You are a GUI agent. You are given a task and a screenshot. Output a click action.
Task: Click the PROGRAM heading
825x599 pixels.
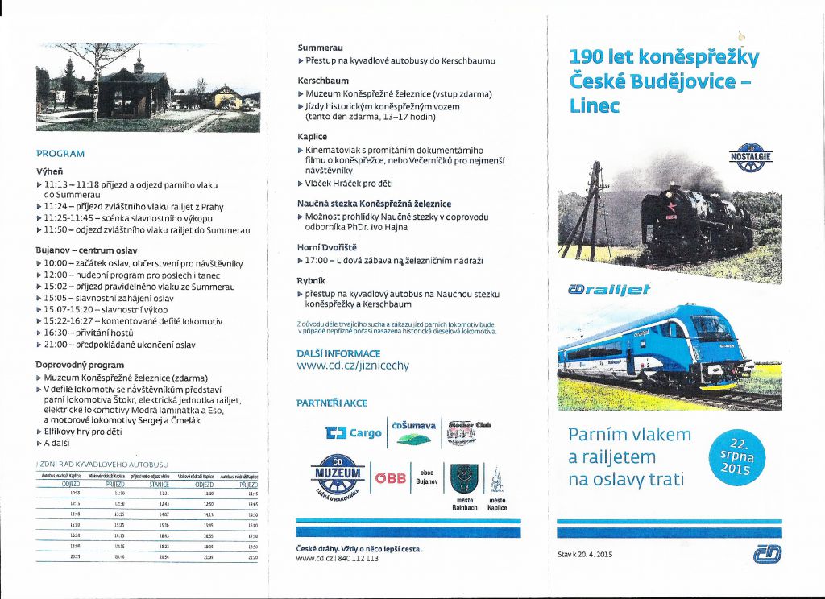pyautogui.click(x=60, y=153)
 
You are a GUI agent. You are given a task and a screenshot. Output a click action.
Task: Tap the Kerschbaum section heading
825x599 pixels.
pyautogui.click(x=323, y=81)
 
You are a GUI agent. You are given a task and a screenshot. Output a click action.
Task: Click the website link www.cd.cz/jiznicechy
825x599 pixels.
pyautogui.click(x=353, y=366)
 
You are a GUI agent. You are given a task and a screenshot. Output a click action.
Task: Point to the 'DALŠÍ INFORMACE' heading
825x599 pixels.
pyautogui.click(x=338, y=353)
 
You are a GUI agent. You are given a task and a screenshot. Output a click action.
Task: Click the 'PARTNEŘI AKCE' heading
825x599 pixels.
pyautogui.click(x=331, y=403)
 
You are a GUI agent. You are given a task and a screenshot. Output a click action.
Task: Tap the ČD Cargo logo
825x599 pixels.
pyautogui.click(x=353, y=433)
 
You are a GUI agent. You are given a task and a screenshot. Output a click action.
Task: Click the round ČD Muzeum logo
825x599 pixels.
pyautogui.click(x=338, y=477)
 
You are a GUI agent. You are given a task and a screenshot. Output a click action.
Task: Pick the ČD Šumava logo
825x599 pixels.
pyautogui.click(x=413, y=433)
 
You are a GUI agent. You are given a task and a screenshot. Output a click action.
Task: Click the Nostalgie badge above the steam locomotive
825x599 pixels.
pyautogui.click(x=750, y=158)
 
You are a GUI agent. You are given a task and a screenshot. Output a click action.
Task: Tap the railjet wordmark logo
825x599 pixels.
pyautogui.click(x=611, y=289)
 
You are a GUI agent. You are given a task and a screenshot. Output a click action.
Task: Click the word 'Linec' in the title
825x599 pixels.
pyautogui.click(x=595, y=105)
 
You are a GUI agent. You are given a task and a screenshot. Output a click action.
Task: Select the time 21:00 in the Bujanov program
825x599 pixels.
pyautogui.click(x=55, y=345)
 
